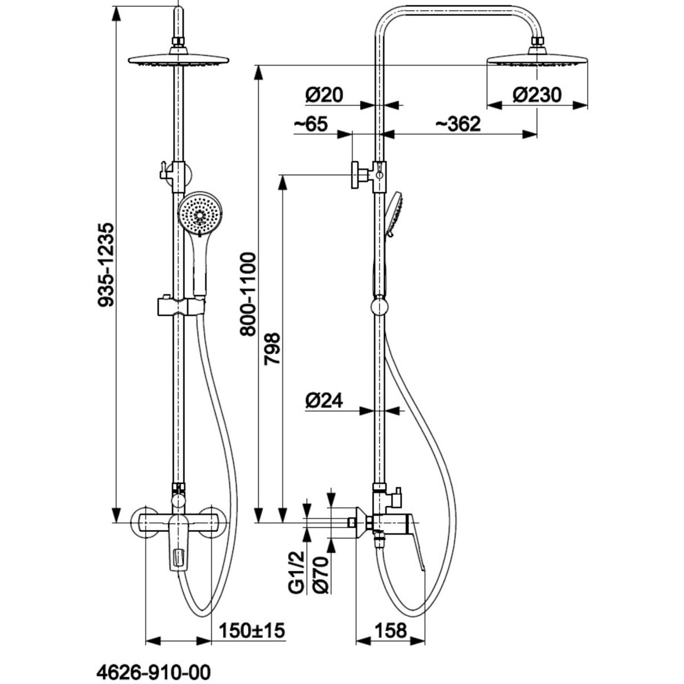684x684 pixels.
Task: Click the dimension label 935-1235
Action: (106, 264)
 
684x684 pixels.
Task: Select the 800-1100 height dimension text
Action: (248, 294)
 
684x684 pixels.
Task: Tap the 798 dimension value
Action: (272, 349)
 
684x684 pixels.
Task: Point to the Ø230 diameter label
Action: (538, 95)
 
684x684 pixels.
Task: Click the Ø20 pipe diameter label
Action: (324, 95)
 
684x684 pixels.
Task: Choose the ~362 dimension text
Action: (458, 124)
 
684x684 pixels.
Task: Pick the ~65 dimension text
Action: (311, 124)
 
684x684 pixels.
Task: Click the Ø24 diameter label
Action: (324, 401)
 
